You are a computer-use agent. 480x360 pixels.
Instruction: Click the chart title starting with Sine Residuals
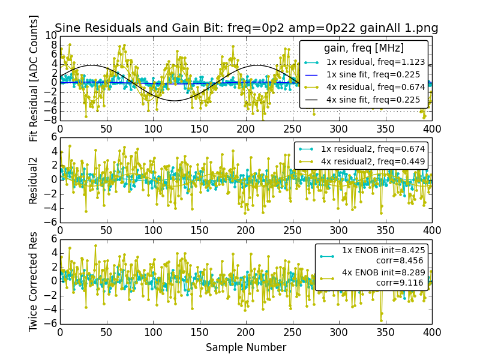[247, 28]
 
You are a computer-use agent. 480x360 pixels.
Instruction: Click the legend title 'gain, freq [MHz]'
[364, 48]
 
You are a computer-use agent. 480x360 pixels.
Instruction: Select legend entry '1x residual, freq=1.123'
[376, 62]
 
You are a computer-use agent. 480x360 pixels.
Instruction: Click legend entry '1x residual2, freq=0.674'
[373, 149]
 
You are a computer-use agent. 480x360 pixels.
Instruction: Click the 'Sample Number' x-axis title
[246, 347]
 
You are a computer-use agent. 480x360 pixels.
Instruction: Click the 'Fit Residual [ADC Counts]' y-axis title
[34, 78]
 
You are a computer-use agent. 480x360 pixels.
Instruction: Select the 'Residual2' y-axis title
[34, 179]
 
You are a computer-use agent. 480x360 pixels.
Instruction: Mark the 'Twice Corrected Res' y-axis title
[34, 281]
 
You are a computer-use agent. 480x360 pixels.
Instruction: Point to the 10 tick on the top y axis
[51, 37]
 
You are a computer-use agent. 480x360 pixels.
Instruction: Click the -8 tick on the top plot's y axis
[51, 121]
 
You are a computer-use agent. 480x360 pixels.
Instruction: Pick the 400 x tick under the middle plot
[431, 230]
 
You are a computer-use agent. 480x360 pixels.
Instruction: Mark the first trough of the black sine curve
[175, 100]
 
